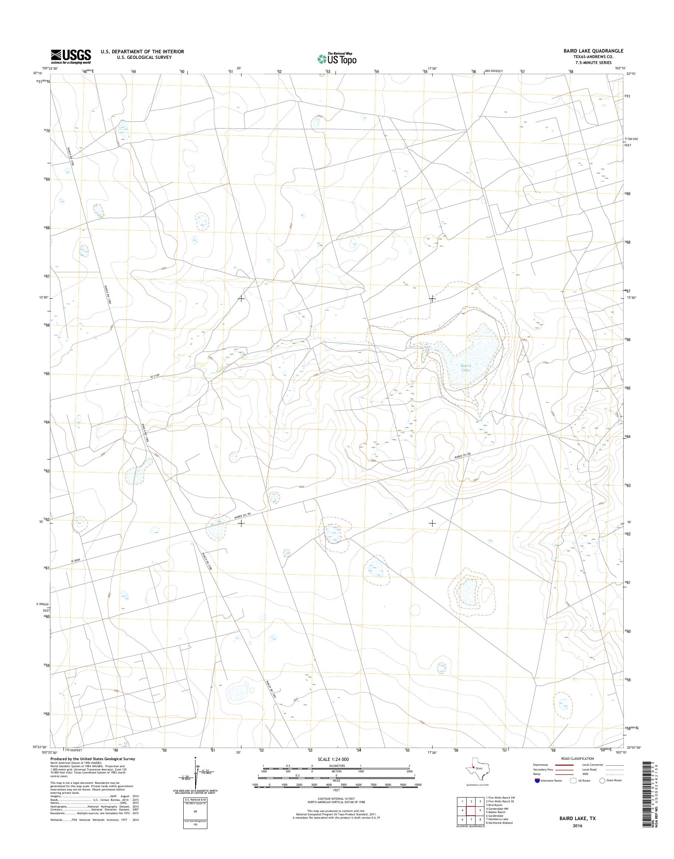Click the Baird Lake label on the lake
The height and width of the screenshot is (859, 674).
[466, 367]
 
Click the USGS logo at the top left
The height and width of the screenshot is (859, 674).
[71, 57]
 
